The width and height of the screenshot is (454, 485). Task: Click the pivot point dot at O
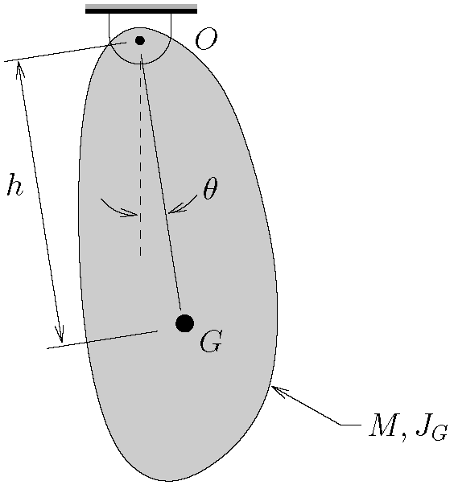[x=140, y=40]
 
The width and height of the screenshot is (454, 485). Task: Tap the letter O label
[x=206, y=39]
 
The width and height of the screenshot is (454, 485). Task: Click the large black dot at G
[x=185, y=323]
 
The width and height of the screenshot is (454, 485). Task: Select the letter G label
[x=211, y=342]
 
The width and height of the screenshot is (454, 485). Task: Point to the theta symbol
[x=210, y=188]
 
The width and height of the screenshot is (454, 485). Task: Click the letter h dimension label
[x=15, y=185]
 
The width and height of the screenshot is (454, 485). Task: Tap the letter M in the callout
[x=384, y=425]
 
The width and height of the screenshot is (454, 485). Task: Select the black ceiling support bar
[x=141, y=11]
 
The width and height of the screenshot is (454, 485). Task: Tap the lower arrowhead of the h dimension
[x=60, y=334]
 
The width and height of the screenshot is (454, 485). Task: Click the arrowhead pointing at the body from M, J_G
[x=279, y=390]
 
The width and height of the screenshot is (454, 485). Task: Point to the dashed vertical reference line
[x=141, y=158]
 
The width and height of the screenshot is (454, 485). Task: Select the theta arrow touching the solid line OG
[x=182, y=204]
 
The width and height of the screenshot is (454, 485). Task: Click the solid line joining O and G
[x=161, y=182]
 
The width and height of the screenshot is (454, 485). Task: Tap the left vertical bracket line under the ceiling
[x=109, y=29]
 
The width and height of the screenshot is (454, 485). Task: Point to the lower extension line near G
[x=102, y=339]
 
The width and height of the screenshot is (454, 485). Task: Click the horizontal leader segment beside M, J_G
[x=351, y=425]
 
